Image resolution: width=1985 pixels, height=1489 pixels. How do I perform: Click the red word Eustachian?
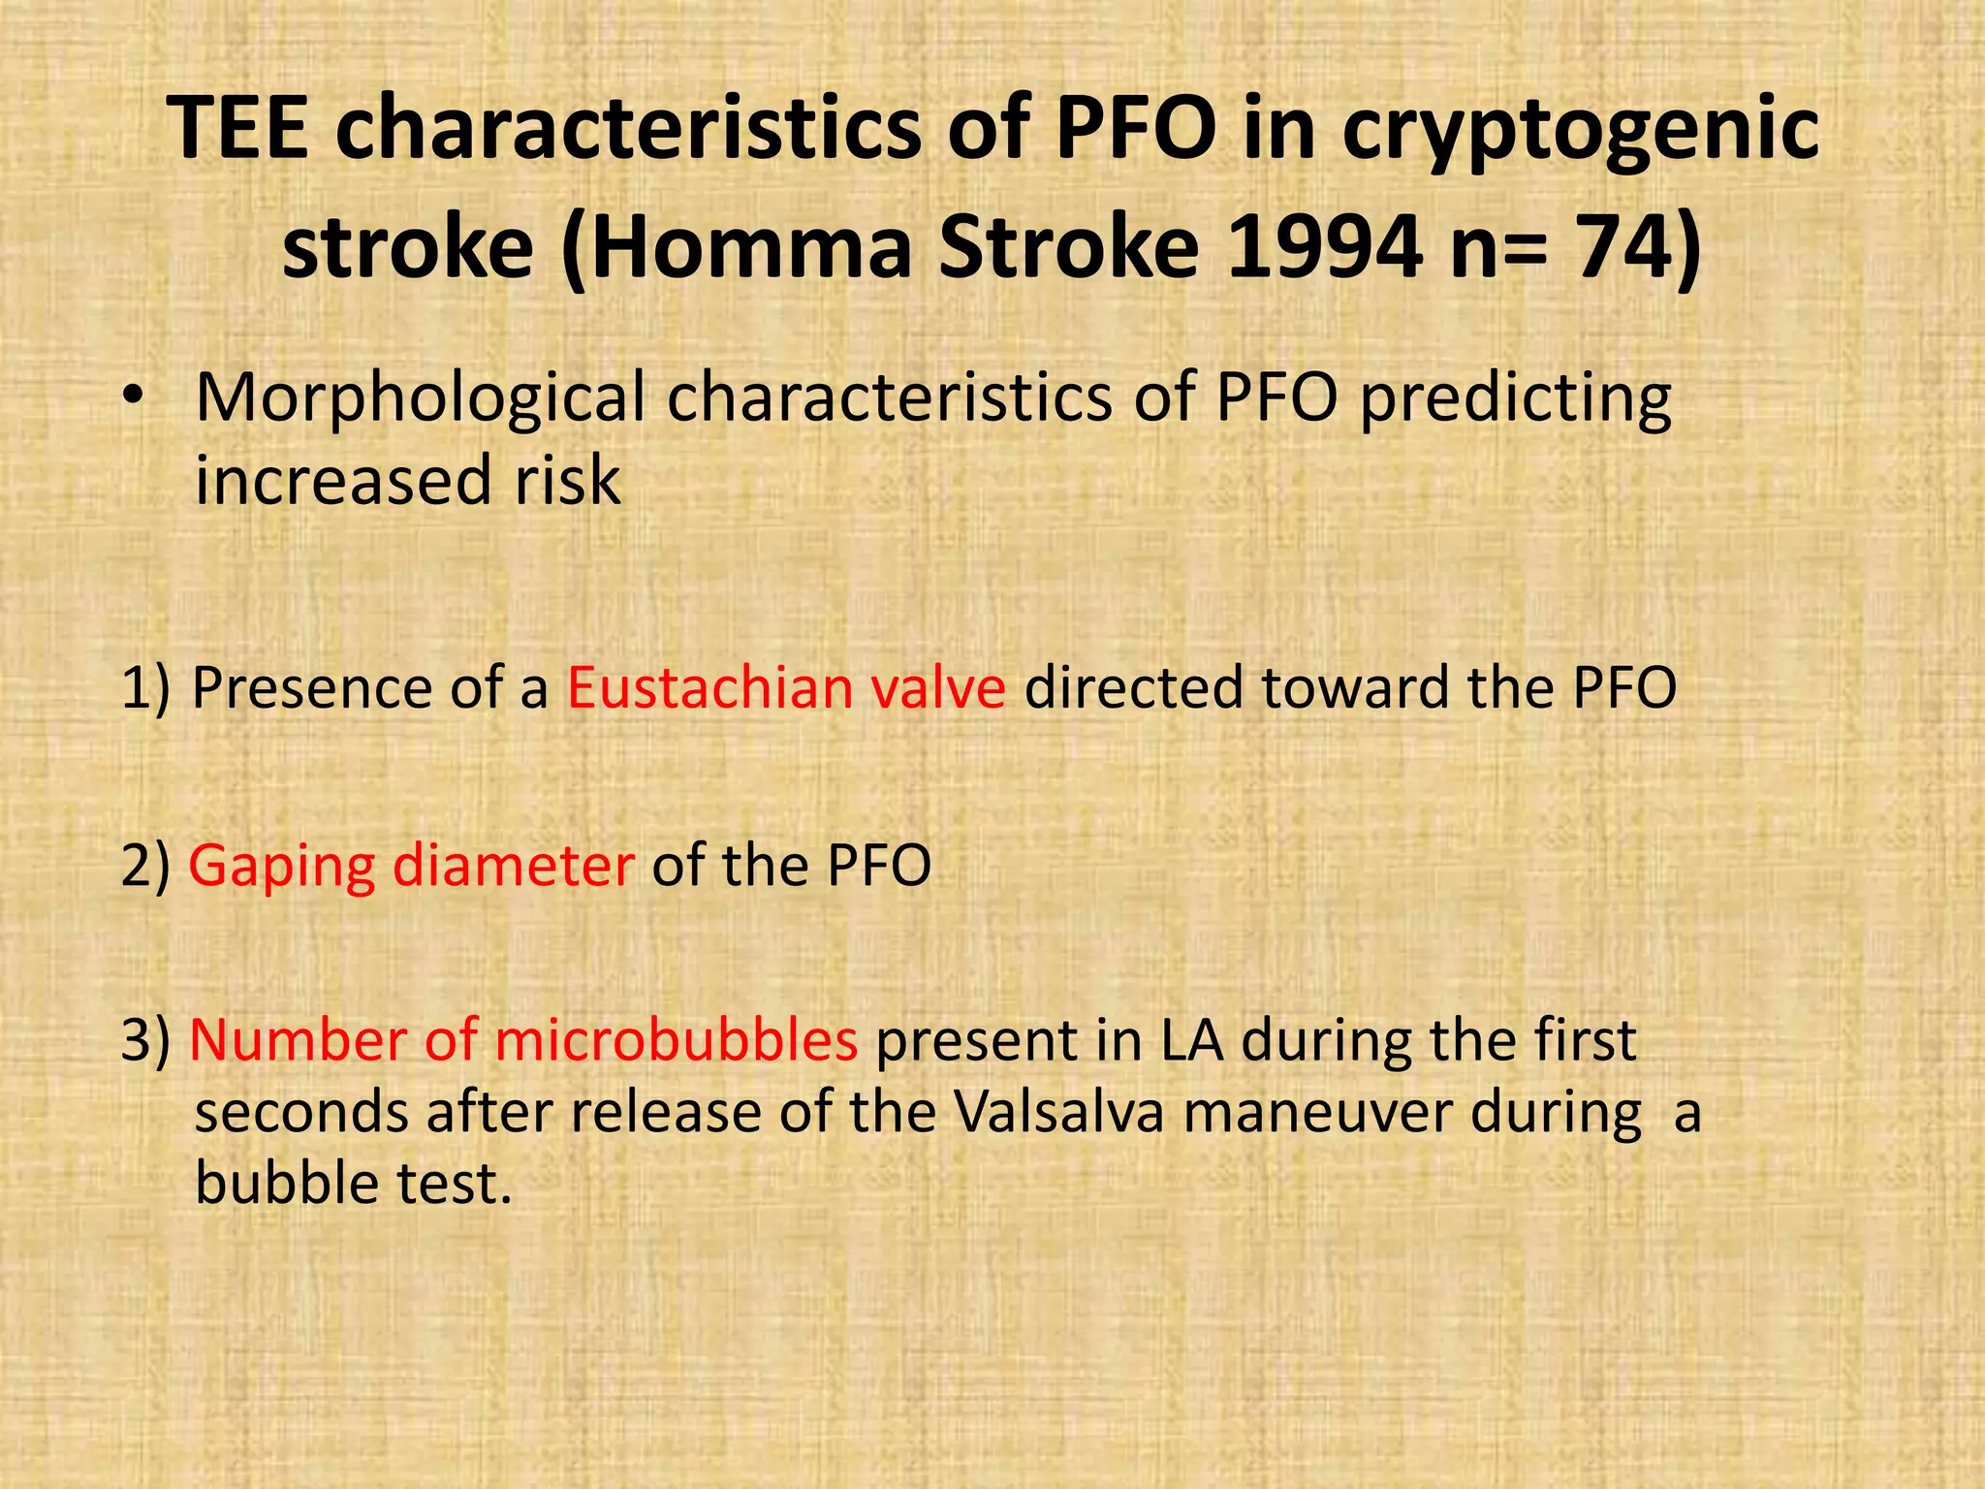[709, 688]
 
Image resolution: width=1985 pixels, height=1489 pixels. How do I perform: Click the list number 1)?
[145, 688]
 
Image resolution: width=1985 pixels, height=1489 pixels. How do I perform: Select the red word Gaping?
[281, 867]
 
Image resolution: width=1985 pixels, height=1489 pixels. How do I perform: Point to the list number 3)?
[145, 1040]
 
